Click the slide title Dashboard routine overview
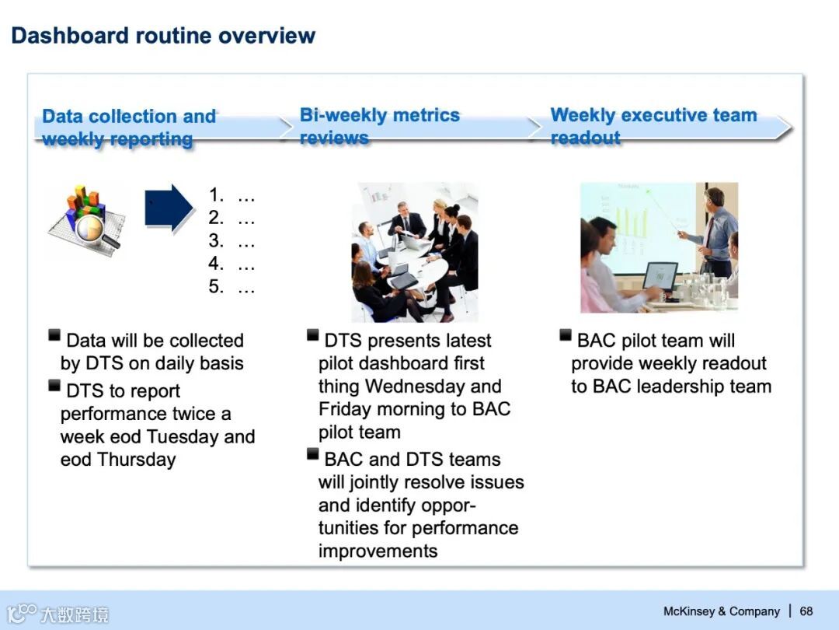click(x=163, y=36)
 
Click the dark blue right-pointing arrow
click(x=169, y=208)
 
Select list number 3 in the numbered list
click(x=216, y=240)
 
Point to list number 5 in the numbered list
click(x=216, y=286)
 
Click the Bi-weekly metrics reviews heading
click(x=379, y=127)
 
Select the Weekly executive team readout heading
click(x=653, y=127)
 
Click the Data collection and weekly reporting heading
click(x=129, y=128)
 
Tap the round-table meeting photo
click(x=415, y=252)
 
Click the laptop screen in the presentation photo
click(x=660, y=275)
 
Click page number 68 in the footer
click(x=806, y=611)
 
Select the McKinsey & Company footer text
click(x=721, y=611)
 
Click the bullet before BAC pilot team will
click(x=565, y=335)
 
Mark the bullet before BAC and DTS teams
click(x=312, y=454)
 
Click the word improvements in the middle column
click(x=378, y=551)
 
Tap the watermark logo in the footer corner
click(x=57, y=614)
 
